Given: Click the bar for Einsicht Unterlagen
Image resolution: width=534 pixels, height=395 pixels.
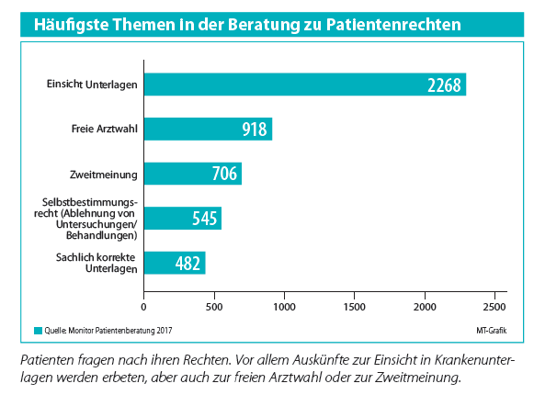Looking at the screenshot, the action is coord(305,85).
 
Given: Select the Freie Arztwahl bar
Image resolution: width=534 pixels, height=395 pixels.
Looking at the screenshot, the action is coord(208,129).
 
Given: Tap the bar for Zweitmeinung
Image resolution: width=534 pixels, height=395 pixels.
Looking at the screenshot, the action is coord(193,174).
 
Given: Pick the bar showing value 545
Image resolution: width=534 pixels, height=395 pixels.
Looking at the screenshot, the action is coord(183,219).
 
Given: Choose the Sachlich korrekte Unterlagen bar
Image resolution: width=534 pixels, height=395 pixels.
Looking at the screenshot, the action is coord(175,263).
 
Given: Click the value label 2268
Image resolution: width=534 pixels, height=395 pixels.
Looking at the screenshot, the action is coord(444,85).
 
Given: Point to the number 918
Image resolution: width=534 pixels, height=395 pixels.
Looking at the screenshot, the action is coord(255,130).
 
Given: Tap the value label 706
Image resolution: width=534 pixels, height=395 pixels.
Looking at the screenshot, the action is coord(224,174).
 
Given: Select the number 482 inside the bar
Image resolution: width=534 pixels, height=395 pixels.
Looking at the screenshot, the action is coord(187,264).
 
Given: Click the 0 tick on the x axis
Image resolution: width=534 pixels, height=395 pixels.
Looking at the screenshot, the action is coord(143,307).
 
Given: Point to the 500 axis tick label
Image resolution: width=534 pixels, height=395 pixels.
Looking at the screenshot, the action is coord(214,307).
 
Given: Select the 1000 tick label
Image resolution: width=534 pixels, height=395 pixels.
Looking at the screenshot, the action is coord(284,307).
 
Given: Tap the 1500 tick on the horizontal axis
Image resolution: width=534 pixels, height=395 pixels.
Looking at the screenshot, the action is coord(355,307).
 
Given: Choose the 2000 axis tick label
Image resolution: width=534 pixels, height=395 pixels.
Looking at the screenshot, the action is coord(425,307).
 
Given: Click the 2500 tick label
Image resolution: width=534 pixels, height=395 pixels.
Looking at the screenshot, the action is coord(494,307).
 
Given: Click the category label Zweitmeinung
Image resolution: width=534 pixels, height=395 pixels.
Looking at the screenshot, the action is coord(104,175).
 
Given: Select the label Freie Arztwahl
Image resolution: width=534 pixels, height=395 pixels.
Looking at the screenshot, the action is coord(105,129).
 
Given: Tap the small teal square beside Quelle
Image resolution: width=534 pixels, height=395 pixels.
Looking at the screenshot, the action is coord(39,331).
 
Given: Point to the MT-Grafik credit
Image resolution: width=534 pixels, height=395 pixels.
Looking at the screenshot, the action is coord(492,331).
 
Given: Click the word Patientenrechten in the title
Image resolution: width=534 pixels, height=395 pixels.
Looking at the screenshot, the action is coord(393,25).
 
